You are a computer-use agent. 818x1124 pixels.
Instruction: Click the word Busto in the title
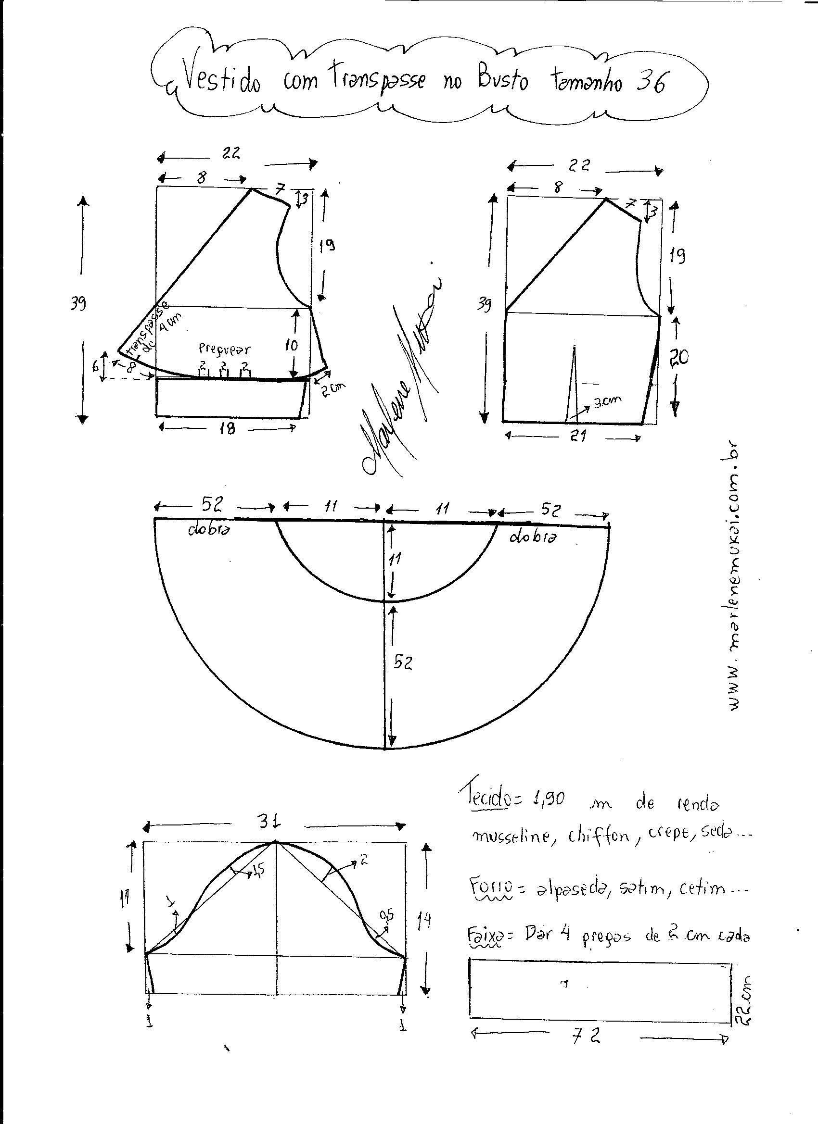pyautogui.click(x=502, y=79)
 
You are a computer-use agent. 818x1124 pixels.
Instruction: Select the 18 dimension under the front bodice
pyautogui.click(x=227, y=429)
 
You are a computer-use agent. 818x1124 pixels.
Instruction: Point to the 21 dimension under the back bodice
pyautogui.click(x=579, y=436)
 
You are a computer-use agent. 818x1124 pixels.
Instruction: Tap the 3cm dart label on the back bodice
pyautogui.click(x=607, y=402)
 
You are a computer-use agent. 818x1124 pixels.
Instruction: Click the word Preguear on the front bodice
pyautogui.click(x=225, y=349)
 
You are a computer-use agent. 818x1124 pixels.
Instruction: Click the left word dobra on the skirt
pyautogui.click(x=208, y=530)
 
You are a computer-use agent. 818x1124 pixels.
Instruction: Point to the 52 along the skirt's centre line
pyautogui.click(x=403, y=663)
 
